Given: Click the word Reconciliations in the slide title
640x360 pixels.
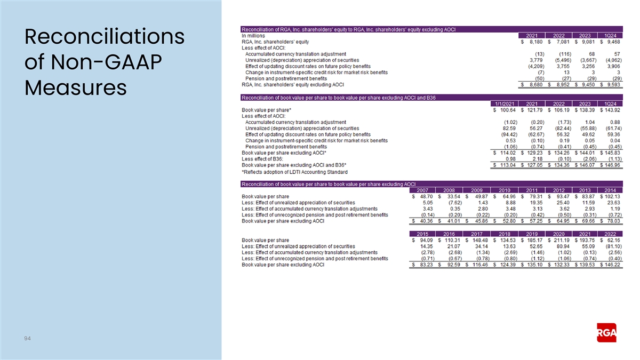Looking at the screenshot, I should tap(105, 37).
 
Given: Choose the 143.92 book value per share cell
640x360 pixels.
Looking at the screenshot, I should tap(610, 110).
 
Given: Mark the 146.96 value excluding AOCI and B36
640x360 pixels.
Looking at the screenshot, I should tap(610, 165).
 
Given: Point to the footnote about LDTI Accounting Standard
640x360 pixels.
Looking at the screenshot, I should tap(294, 172).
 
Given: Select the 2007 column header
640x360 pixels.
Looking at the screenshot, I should tap(422, 190).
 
